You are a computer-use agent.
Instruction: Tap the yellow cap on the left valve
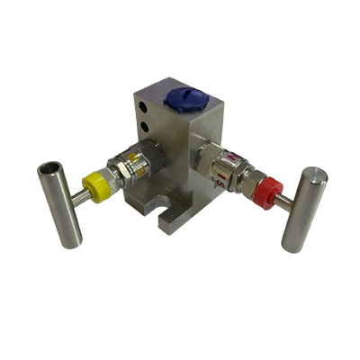(94, 186)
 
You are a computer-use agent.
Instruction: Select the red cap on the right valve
(267, 191)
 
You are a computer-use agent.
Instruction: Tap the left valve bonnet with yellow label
(127, 170)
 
